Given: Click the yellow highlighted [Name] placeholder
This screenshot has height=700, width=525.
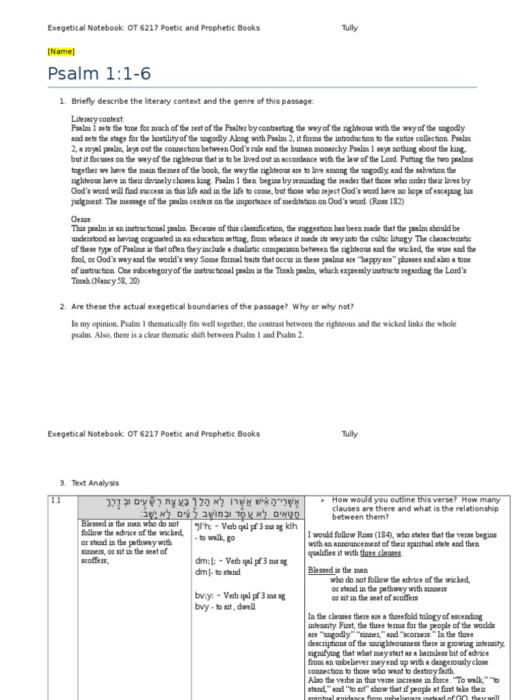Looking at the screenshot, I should pos(61,51).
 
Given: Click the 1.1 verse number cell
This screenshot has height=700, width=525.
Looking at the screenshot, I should pos(56,500).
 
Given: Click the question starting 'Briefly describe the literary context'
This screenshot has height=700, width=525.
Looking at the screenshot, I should pos(192,101).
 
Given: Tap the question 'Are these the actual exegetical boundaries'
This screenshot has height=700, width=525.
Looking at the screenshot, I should pos(213,306).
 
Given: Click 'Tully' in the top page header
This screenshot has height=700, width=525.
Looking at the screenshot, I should pos(349,28).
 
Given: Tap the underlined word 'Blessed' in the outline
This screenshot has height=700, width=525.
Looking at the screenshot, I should pos(320,570).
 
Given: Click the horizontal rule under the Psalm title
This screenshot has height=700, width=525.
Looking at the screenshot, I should pos(262,87).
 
